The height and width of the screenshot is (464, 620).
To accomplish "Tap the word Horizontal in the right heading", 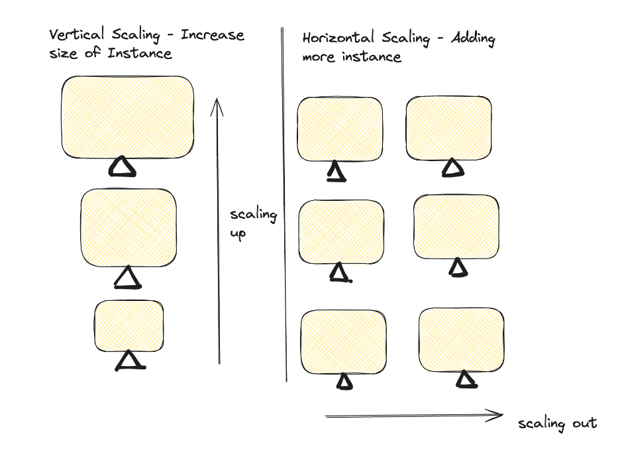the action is [x=338, y=38].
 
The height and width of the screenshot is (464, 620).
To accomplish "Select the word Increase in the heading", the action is [x=213, y=35].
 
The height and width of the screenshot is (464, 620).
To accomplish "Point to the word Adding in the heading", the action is [x=473, y=38].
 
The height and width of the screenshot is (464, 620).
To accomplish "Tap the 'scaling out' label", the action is [x=557, y=424].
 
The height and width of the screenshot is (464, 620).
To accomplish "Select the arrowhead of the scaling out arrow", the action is [x=497, y=416].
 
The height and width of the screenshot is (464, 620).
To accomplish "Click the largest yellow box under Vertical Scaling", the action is [x=127, y=117].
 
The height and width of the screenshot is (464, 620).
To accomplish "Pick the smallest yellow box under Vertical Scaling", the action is [x=129, y=325].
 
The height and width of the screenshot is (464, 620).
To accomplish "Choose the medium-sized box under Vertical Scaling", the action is [x=129, y=227].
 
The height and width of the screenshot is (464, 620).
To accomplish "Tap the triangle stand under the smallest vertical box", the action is [x=130, y=361].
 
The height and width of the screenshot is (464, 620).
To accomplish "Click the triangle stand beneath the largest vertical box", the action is [x=123, y=167].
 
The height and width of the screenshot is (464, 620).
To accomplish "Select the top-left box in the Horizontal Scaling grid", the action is [x=340, y=129].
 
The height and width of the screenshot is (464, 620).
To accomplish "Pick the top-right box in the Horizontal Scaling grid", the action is [x=448, y=128].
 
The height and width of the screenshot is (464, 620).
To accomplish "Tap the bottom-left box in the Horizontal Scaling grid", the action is [x=343, y=341].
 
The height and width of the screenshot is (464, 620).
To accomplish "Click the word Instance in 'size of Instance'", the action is [x=140, y=53].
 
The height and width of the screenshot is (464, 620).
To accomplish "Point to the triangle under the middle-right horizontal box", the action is [x=458, y=267].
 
